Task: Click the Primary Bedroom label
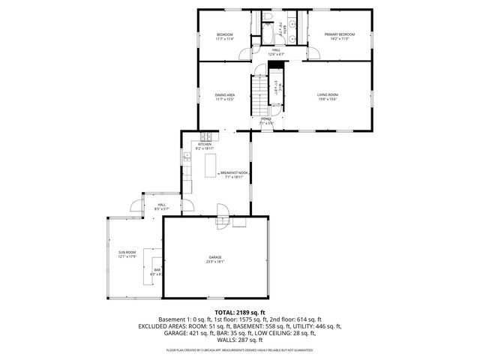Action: click(339, 34)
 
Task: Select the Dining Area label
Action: click(225, 95)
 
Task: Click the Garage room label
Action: click(214, 257)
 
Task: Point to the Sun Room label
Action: click(127, 252)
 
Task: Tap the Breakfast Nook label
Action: click(234, 172)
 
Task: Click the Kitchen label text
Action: click(204, 144)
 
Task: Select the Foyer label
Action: click(266, 119)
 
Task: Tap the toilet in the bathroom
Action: click(268, 17)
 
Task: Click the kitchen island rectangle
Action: click(210, 166)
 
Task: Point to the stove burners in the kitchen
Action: click(206, 136)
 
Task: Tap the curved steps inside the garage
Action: click(223, 223)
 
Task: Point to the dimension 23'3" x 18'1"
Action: click(215, 262)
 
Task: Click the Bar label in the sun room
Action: click(157, 269)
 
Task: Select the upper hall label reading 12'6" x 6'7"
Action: click(276, 54)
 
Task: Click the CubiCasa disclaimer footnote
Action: click(239, 349)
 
